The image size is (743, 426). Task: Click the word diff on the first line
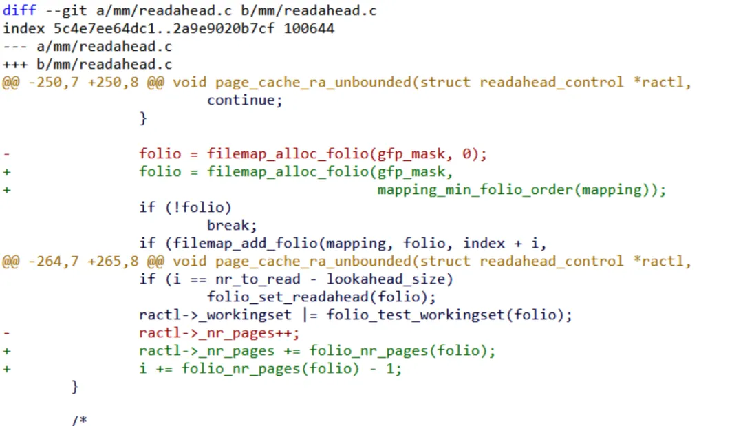click(x=19, y=11)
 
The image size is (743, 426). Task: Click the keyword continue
click(x=245, y=100)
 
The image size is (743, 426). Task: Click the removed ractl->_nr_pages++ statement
click(x=219, y=333)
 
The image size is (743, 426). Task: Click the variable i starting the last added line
click(x=143, y=369)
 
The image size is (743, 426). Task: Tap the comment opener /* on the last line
click(x=79, y=420)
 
